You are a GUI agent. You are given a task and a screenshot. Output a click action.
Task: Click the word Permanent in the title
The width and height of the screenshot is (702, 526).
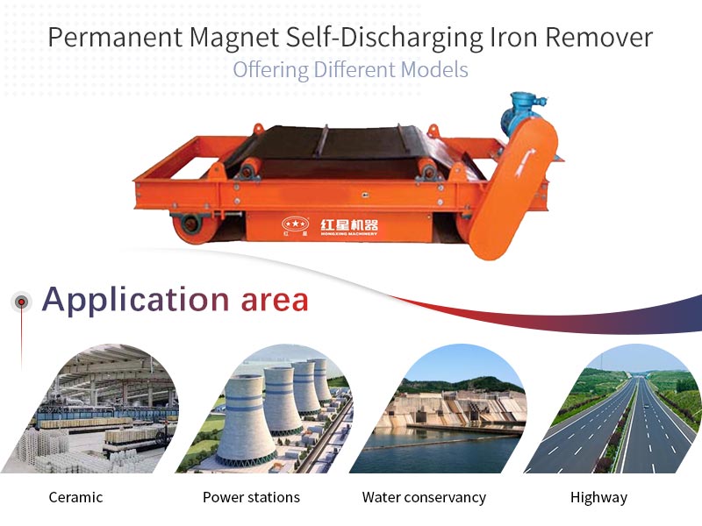click(x=115, y=37)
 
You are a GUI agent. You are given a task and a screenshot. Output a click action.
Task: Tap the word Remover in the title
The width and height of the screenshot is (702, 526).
click(x=599, y=37)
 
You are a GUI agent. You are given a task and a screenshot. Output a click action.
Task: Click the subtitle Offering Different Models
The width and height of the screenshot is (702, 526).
click(x=350, y=70)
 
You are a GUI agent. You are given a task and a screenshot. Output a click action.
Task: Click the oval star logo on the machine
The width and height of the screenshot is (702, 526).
click(x=296, y=224)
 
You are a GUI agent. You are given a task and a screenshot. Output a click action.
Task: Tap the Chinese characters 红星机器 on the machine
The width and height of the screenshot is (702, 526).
click(x=349, y=224)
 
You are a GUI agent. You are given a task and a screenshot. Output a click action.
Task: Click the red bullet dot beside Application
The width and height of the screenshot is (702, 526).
click(x=21, y=302)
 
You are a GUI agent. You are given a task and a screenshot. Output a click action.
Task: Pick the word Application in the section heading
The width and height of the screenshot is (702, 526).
click(x=135, y=300)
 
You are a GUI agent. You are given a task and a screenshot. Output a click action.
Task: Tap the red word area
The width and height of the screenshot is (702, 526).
click(x=275, y=301)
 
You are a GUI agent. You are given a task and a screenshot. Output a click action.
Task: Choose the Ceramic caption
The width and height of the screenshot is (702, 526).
click(x=75, y=497)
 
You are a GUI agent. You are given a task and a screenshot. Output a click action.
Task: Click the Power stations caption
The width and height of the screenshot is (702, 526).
click(x=251, y=497)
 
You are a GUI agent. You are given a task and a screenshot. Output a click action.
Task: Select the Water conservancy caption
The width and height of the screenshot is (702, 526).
click(x=424, y=497)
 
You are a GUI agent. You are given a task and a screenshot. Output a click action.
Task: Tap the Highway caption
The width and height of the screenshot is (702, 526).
click(x=598, y=498)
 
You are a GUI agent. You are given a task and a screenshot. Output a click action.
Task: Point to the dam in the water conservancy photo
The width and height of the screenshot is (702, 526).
click(x=452, y=409)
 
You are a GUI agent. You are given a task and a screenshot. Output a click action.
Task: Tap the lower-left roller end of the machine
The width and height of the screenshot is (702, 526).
click(x=190, y=224)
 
